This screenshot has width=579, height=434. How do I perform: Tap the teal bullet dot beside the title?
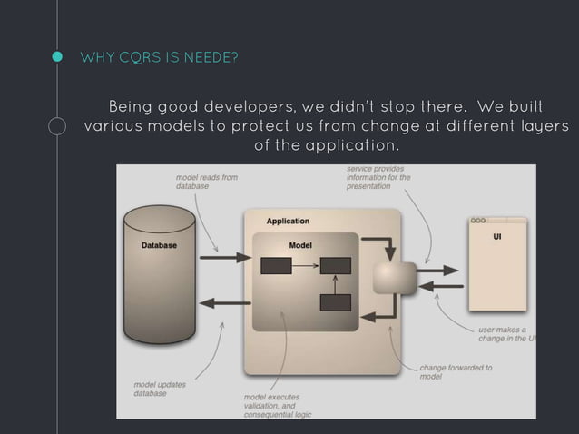point(57,59)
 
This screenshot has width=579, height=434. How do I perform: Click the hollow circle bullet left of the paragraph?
point(57,126)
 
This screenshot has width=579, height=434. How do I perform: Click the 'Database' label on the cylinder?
point(159,246)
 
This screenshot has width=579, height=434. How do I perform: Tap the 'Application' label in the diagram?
point(288,221)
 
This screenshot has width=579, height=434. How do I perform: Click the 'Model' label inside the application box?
point(300,245)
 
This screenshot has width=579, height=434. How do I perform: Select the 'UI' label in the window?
point(497,237)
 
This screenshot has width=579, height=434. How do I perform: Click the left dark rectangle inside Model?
point(276,266)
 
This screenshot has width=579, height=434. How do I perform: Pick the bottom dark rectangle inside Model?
point(335,302)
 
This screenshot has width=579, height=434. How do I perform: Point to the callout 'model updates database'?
point(161,388)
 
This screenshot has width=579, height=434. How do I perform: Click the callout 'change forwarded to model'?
point(456,371)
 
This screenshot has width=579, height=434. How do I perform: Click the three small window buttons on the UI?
point(478,221)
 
